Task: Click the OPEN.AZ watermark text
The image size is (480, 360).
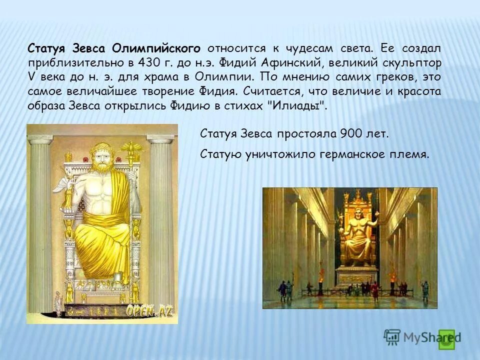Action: (149, 310)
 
